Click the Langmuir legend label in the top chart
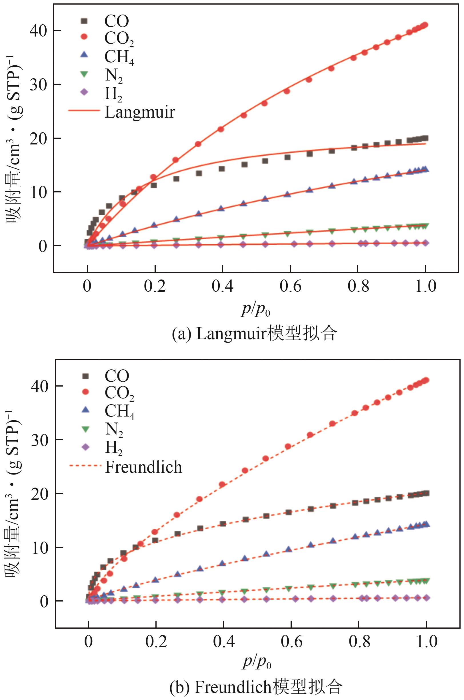(x=140, y=112)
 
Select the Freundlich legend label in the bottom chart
(x=143, y=467)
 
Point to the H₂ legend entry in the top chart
(x=113, y=94)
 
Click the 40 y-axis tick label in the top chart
(x=39, y=31)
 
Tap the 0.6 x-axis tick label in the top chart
(x=290, y=286)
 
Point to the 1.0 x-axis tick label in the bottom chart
(x=426, y=642)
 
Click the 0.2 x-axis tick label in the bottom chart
(x=156, y=642)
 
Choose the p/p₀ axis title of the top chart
(x=256, y=310)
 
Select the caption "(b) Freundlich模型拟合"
(x=256, y=686)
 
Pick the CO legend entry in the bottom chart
(x=117, y=376)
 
